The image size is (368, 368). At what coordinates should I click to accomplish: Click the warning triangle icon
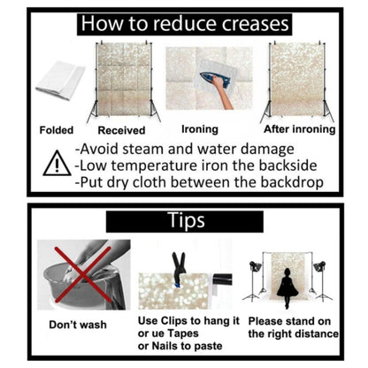57,164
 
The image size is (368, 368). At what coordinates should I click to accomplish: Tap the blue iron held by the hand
214,79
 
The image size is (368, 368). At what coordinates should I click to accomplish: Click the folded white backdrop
60,80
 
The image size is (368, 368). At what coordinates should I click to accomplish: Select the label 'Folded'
57,130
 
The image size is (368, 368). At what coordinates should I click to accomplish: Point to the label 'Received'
121,130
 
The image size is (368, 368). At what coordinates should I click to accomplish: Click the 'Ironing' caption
200,129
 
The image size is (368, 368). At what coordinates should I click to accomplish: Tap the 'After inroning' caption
300,129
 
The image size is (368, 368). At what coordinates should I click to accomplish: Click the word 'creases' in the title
256,24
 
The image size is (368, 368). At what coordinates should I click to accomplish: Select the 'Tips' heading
187,220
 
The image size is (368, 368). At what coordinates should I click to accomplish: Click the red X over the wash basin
83,274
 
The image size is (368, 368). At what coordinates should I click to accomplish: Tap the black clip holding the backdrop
179,267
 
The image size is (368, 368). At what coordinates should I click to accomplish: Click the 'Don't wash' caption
78,325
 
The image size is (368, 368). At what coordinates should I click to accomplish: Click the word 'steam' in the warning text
142,149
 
